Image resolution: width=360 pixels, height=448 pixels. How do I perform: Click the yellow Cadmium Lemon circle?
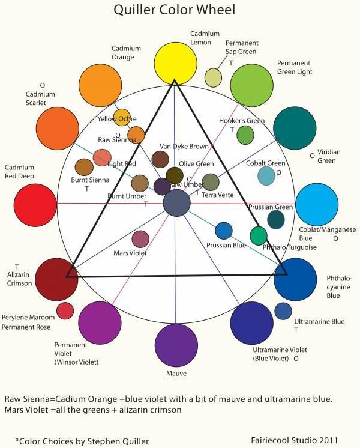(x=175, y=62)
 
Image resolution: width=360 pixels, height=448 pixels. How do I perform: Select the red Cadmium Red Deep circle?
(x=35, y=205)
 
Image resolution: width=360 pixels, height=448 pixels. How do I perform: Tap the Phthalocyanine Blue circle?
(x=295, y=279)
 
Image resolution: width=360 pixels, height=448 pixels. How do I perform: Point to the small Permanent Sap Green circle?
(x=213, y=77)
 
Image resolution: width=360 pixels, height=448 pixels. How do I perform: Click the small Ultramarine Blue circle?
(x=283, y=311)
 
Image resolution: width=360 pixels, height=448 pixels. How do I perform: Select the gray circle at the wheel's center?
(x=176, y=203)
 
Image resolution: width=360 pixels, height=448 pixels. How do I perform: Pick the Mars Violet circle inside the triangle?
(x=140, y=239)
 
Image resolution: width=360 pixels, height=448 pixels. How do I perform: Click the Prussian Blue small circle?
(x=224, y=231)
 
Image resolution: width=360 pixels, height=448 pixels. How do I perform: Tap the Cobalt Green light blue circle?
(x=266, y=175)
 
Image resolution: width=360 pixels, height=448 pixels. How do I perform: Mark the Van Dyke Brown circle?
(x=160, y=159)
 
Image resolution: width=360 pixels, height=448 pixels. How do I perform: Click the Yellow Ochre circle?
(x=122, y=117)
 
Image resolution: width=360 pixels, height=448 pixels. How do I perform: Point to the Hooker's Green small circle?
(x=245, y=135)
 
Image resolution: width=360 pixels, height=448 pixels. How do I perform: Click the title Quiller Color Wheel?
(x=174, y=10)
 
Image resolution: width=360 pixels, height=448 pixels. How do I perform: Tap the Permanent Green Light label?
(x=295, y=67)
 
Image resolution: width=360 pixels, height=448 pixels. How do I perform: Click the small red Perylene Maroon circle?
(x=65, y=310)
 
